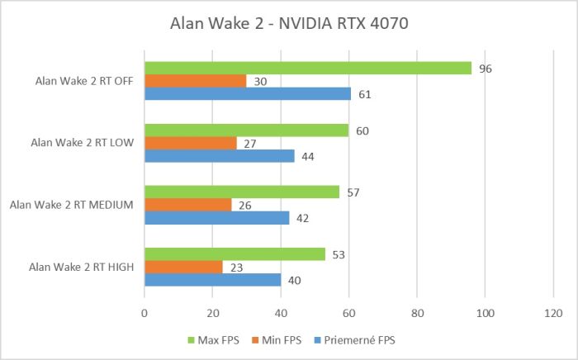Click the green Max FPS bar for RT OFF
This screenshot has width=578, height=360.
coord(307,68)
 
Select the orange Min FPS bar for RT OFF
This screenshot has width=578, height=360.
coord(195,81)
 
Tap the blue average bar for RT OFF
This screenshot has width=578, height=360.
coord(248,93)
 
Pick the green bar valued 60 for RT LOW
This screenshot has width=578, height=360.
coord(246,130)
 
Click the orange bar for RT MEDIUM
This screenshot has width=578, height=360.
coord(188,205)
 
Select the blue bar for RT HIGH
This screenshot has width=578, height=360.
coord(212,280)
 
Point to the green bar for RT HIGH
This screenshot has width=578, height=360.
coord(235,254)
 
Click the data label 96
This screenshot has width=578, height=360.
coord(486,69)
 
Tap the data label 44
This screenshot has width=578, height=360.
coord(307,156)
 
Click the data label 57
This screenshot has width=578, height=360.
coord(353,192)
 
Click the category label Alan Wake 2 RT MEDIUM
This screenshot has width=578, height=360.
coord(71,205)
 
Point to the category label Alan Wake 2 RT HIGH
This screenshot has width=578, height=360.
coord(80,267)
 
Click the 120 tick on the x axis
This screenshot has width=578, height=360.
coord(552,313)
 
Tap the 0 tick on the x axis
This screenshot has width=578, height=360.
coord(144,313)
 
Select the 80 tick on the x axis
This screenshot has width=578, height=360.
coord(417,313)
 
